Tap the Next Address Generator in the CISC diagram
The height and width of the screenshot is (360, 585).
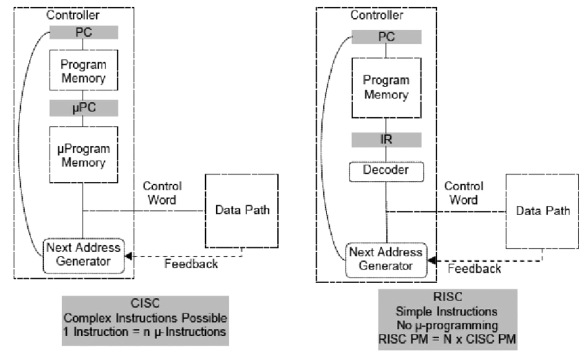point(84,255)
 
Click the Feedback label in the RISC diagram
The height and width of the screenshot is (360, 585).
point(474,268)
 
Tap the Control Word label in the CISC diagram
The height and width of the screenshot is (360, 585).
point(162,193)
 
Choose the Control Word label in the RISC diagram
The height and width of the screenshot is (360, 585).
point(464,193)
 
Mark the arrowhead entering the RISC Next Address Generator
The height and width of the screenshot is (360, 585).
point(430,260)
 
